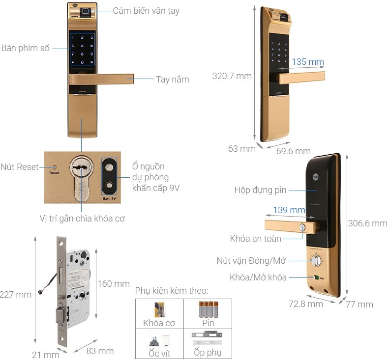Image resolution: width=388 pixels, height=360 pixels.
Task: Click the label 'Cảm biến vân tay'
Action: [x=146, y=11]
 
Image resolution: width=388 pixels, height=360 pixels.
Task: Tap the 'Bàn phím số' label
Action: [x=26, y=48]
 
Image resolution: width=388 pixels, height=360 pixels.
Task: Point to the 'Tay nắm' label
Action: [x=172, y=80]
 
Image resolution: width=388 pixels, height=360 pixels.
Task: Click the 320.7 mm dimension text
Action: [x=232, y=76]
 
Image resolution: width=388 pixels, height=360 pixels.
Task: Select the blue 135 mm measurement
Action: [x=308, y=62]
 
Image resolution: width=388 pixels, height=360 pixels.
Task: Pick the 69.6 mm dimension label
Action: [x=293, y=151]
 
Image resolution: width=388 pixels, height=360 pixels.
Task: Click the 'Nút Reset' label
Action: [x=20, y=167]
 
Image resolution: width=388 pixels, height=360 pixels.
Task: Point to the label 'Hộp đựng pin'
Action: [x=260, y=190]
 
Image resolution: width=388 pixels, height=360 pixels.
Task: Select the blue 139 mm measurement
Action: [x=289, y=210]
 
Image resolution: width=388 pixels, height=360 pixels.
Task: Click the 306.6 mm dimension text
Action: [x=367, y=223]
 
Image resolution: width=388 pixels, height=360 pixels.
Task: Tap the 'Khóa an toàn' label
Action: [x=255, y=239]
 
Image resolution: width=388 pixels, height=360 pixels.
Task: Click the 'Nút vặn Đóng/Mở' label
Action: [x=251, y=261]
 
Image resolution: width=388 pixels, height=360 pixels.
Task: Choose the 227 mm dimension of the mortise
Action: [x=16, y=295]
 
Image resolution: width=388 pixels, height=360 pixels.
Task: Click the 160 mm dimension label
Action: [x=114, y=284]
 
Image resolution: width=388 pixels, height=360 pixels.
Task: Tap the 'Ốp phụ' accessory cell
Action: [x=208, y=344]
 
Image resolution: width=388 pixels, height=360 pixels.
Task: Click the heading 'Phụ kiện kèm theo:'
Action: [x=172, y=291]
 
